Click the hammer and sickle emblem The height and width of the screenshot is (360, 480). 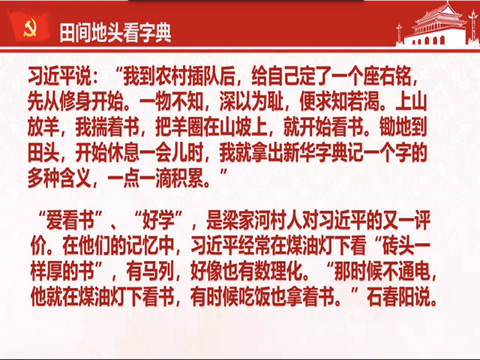point(30,28)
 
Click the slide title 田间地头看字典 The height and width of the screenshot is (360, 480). point(115,33)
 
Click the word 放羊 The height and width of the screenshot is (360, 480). point(43,127)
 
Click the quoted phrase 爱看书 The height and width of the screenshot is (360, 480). point(70,220)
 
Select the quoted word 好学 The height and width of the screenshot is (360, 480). point(158,220)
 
